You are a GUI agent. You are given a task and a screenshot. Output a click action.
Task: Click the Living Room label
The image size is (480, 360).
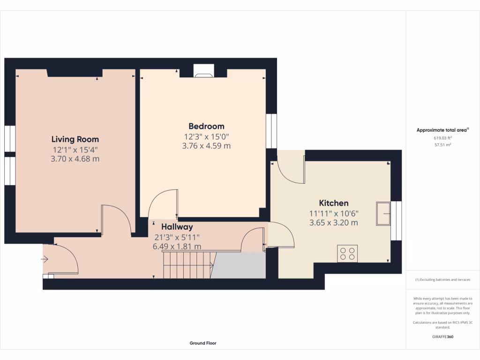pos(75,139)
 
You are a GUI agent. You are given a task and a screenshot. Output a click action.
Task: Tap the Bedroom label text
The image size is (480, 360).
pos(206,126)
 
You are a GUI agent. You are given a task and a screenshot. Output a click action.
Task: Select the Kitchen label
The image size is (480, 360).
pos(333,203)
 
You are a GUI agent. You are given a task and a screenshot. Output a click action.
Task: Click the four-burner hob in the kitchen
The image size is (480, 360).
pos(347,254)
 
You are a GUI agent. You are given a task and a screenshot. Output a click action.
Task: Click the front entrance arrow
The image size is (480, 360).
pos(45,259)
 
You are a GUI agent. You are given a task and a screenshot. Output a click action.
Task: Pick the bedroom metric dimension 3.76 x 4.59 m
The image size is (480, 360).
pos(206,146)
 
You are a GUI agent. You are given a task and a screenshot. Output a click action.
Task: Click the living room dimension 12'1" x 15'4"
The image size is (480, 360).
pos(75,150)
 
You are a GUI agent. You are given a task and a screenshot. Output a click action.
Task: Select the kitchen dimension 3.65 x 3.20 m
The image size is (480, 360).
pos(333,223)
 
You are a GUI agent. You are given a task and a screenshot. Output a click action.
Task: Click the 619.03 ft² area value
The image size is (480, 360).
pos(442,138)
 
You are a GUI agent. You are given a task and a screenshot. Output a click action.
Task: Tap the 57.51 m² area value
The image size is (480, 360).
pos(442,145)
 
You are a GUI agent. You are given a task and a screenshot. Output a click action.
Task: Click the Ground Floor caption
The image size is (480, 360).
pos(203,343)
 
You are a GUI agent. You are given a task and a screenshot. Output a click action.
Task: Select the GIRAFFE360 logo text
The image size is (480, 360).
pos(442,337)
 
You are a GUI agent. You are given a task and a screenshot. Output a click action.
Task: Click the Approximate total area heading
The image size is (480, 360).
pos(442,130)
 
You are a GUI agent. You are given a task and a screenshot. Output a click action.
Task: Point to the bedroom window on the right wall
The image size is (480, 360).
pos(271,131)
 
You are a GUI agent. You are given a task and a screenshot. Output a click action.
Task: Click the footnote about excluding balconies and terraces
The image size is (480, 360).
pos(442,280)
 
